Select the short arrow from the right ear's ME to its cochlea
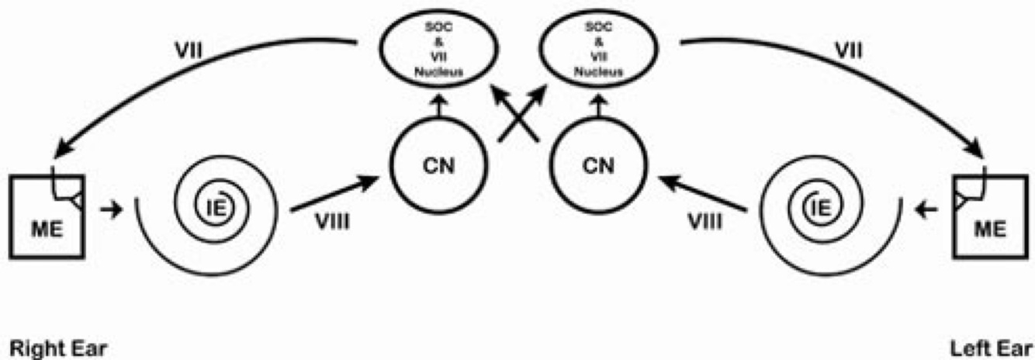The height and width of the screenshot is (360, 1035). pos(112,209)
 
